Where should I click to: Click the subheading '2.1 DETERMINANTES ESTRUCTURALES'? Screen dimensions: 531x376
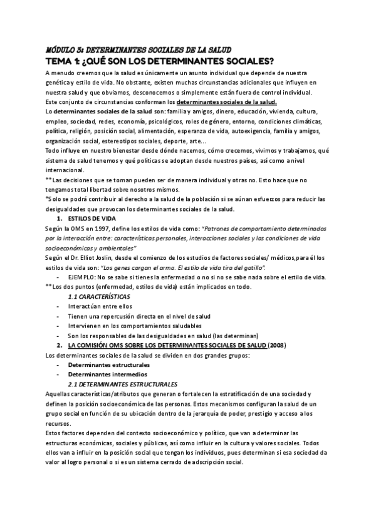pos(122,384)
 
